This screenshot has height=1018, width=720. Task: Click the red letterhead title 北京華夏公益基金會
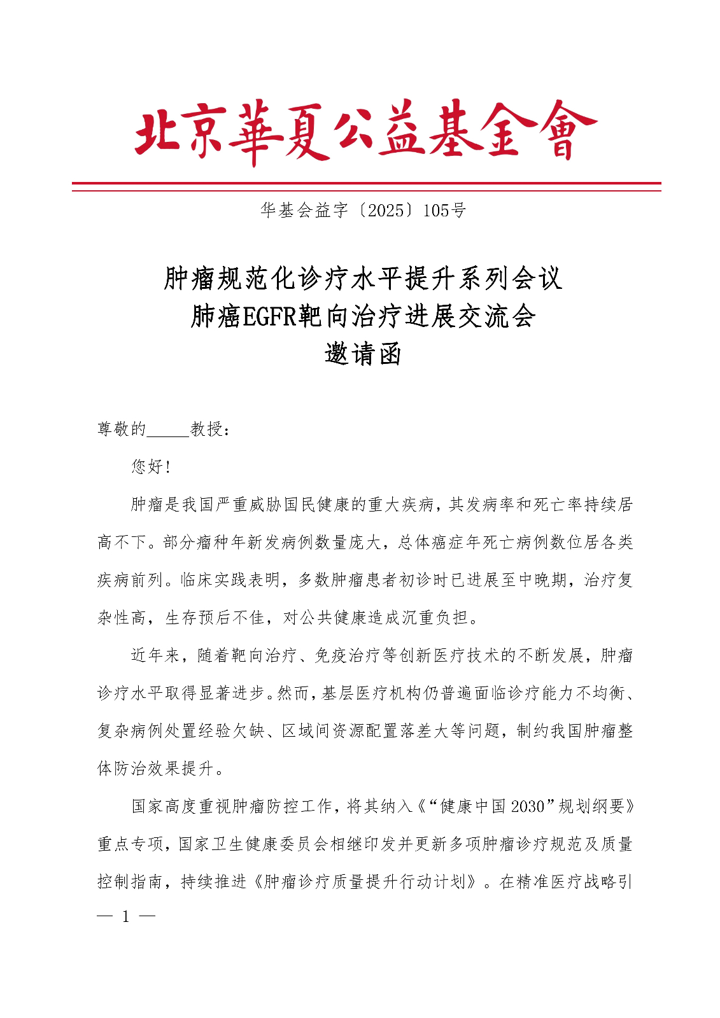click(x=365, y=130)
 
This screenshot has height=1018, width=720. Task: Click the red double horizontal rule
click(x=366, y=186)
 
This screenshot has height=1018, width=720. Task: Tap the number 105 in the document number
click(x=436, y=211)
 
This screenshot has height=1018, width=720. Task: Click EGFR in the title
click(x=269, y=316)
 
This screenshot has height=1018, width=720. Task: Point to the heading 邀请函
click(x=363, y=354)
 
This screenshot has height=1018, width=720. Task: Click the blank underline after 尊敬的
click(x=168, y=430)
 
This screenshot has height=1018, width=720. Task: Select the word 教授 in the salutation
click(x=206, y=429)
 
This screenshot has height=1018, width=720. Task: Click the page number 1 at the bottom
click(x=126, y=917)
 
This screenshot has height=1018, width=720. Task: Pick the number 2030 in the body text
click(x=528, y=807)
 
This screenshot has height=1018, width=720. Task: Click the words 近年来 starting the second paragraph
click(x=155, y=656)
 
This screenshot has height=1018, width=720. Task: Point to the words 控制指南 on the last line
click(x=130, y=882)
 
